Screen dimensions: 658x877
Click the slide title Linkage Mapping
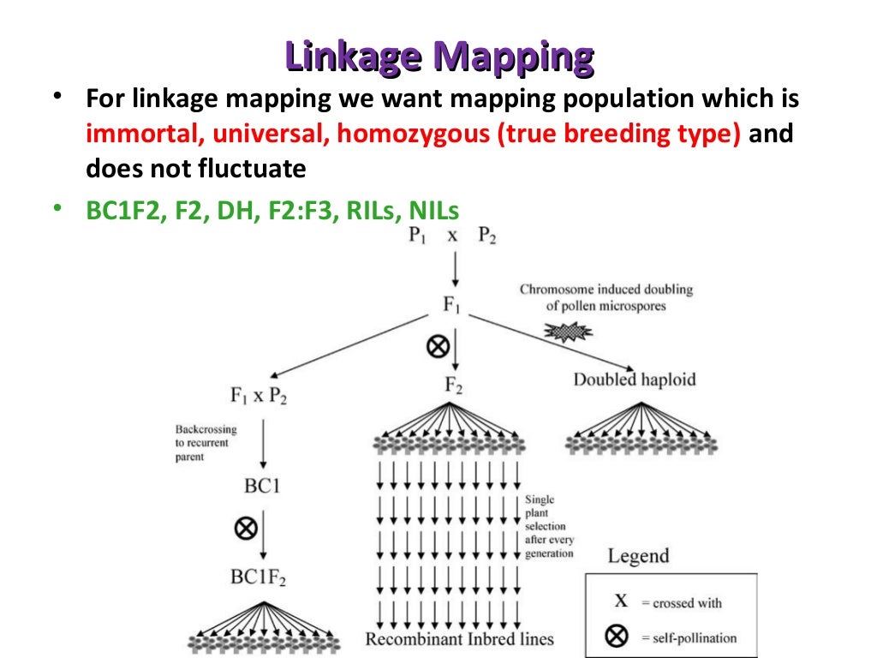tap(438, 57)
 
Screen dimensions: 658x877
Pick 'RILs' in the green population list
tap(372, 211)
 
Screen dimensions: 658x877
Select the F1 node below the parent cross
tap(452, 306)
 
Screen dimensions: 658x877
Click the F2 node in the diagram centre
tap(453, 386)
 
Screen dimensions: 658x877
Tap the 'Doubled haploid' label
tap(635, 379)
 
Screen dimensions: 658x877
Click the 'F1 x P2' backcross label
tap(258, 397)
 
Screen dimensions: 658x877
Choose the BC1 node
tap(262, 487)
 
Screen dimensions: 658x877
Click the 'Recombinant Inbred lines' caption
tap(459, 639)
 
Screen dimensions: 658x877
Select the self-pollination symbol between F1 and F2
tap(438, 346)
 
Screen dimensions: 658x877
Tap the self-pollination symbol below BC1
tap(246, 528)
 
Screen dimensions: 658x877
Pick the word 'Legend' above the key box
tap(638, 556)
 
